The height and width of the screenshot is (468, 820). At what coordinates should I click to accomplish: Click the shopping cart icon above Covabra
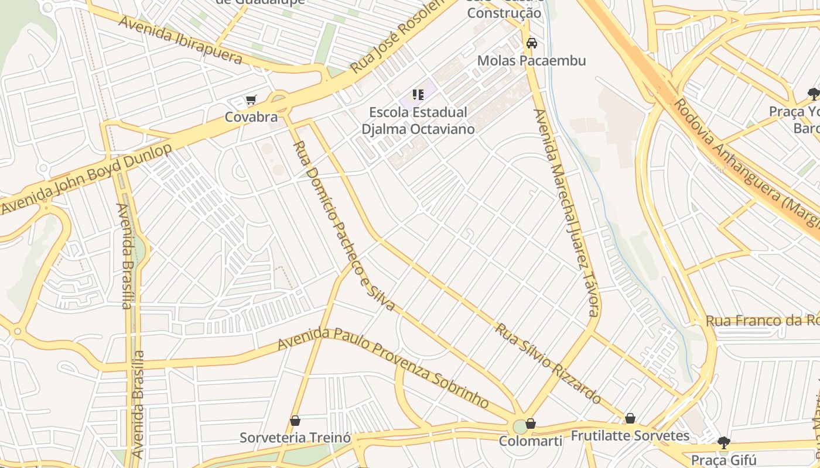[x=251, y=100]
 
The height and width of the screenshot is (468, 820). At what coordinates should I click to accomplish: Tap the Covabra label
[x=251, y=117]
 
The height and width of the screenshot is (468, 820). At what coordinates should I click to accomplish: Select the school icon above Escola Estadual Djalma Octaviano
[x=418, y=94]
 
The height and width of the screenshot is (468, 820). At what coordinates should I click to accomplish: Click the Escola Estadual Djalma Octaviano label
[x=418, y=121]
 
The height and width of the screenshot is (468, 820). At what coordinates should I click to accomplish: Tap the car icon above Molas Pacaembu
[x=532, y=43]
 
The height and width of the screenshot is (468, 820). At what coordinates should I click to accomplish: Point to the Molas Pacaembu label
[x=531, y=61]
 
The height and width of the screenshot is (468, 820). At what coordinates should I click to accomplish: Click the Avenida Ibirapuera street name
[x=180, y=40]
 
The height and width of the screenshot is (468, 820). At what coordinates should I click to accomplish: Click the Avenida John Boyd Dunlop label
[x=88, y=179]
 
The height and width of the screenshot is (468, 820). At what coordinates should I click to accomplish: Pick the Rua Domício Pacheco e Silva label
[x=343, y=225]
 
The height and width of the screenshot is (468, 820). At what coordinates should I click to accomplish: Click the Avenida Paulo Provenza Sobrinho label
[x=384, y=367]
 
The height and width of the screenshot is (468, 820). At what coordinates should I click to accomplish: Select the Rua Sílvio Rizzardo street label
[x=548, y=363]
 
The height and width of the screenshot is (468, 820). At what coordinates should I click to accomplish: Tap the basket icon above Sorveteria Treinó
[x=295, y=421]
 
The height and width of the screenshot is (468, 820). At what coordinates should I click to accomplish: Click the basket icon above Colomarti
[x=531, y=424]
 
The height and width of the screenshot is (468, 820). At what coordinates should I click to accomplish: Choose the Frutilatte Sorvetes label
[x=630, y=436]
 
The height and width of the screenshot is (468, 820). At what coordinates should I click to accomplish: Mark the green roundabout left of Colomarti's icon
[x=520, y=426]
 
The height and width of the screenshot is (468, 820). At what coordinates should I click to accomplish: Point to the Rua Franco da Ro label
[x=761, y=321]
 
